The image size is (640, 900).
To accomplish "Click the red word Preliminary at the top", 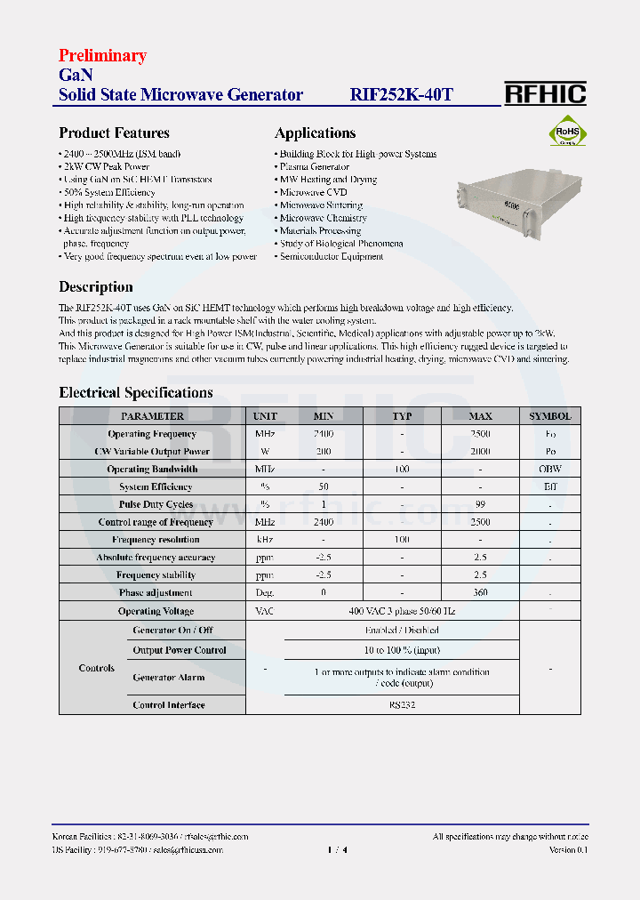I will click(102, 56).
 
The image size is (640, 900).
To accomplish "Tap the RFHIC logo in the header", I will click(545, 93).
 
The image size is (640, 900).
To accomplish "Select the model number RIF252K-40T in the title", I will click(401, 95).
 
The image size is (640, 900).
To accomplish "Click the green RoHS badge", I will click(567, 133).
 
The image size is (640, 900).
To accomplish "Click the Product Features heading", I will click(114, 133).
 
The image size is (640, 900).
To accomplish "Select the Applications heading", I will click(315, 133).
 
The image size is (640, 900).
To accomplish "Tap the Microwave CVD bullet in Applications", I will click(313, 192).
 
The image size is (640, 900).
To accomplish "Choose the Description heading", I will click(96, 287).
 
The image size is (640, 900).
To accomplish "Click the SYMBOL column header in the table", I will click(550, 416).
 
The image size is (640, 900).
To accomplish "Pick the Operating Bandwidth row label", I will click(152, 469).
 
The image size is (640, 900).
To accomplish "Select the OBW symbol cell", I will click(550, 469).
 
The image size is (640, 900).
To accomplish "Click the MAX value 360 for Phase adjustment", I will click(480, 592).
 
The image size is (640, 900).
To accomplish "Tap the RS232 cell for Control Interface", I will click(402, 704).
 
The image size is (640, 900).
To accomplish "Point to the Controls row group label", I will click(96, 668).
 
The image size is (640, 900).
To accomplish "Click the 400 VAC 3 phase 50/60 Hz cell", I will click(402, 611).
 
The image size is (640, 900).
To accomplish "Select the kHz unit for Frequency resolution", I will click(265, 540).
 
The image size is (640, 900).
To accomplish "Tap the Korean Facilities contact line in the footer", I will click(150, 837).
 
